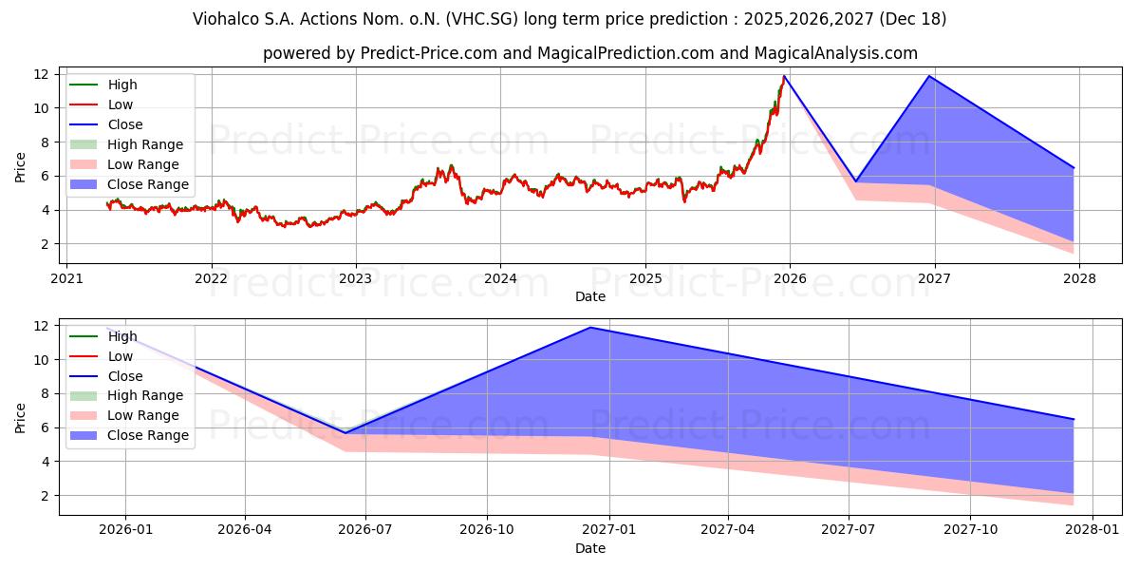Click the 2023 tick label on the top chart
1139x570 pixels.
click(356, 278)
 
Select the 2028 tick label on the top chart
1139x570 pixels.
click(1079, 278)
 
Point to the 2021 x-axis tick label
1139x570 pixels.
click(65, 278)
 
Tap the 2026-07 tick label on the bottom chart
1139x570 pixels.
click(366, 530)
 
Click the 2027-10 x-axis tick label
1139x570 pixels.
click(971, 530)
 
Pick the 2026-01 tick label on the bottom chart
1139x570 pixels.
click(124, 530)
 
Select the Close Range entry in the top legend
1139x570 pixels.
click(148, 184)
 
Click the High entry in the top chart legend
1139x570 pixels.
click(121, 85)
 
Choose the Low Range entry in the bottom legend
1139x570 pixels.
click(143, 415)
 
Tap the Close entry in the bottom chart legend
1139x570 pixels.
click(125, 376)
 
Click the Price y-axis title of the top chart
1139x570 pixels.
click(20, 166)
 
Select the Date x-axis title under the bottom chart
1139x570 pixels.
click(590, 548)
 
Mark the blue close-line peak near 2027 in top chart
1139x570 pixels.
click(929, 76)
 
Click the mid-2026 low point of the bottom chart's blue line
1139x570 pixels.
click(345, 433)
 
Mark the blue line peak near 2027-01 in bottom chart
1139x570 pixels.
click(590, 328)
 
